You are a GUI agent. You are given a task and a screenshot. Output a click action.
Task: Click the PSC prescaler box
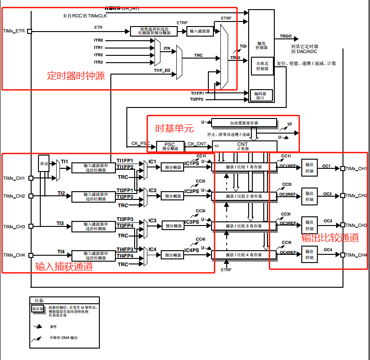[169, 146]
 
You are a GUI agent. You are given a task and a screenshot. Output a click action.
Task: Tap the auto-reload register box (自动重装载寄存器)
[244, 123]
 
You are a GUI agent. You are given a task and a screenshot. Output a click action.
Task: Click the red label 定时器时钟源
[76, 76]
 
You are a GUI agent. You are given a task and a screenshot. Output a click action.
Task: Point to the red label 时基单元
[174, 129]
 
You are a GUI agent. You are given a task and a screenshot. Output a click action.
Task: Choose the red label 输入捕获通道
[64, 267]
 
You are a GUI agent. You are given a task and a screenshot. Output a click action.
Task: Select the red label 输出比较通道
[330, 237]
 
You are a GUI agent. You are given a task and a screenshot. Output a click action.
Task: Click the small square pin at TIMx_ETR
[30, 31]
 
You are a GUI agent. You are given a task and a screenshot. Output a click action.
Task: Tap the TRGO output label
[286, 36]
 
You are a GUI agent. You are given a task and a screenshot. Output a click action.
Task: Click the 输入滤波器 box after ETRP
[199, 31]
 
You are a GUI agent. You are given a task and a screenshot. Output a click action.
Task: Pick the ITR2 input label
[98, 55]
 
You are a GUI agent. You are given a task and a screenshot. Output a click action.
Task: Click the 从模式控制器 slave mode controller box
[262, 66]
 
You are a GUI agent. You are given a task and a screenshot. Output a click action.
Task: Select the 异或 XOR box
[44, 163]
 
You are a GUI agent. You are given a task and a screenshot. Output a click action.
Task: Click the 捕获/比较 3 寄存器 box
[244, 226]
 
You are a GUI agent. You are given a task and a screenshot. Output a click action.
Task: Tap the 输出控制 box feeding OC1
[309, 167]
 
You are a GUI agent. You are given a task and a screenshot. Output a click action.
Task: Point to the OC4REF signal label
[288, 253]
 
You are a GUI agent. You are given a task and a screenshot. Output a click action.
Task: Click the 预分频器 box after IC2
[173, 196]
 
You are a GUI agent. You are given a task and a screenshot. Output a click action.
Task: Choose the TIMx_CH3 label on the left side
[14, 227]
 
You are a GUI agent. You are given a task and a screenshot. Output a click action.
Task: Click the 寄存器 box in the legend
[38, 309]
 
